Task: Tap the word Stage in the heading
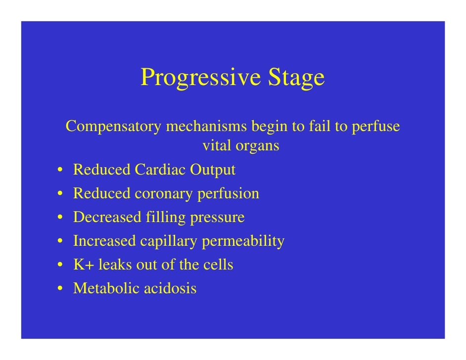pos(296,78)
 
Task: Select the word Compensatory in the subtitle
pos(113,127)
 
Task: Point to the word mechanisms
pos(206,127)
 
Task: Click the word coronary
pos(164,193)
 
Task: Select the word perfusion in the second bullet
pos(229,193)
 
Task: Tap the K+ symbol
pos(84,265)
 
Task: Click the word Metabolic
pos(106,288)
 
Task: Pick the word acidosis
pos(170,288)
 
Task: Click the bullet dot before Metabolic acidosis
pos(59,289)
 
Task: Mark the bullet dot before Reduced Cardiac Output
pos(59,171)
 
